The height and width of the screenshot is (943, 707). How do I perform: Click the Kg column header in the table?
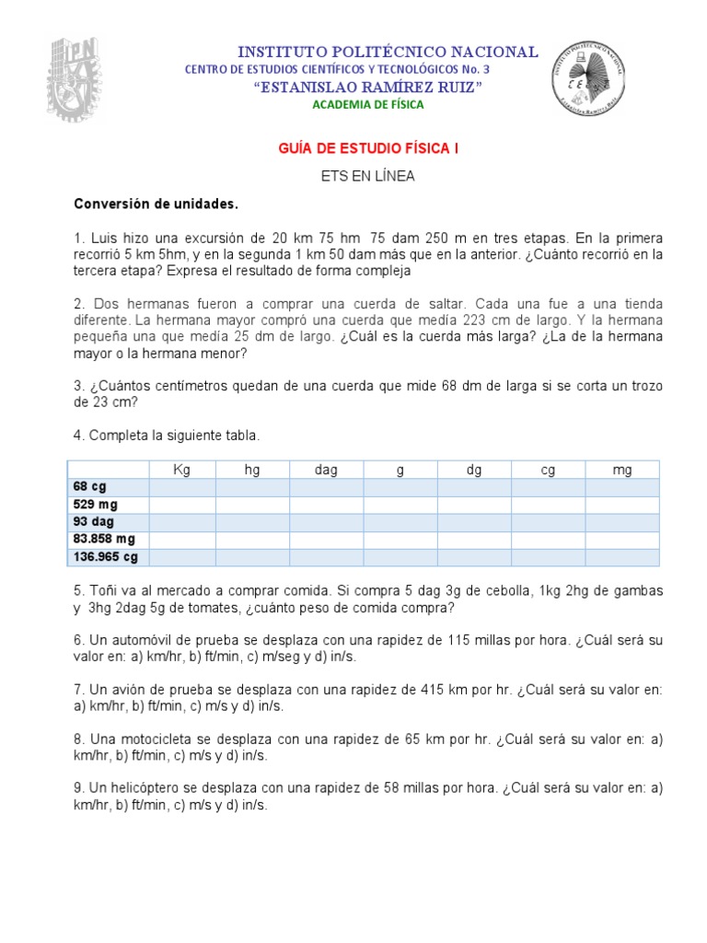coord(181,470)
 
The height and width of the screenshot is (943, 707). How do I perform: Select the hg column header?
coord(252,470)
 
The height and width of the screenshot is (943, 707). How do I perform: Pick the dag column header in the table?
coord(326,470)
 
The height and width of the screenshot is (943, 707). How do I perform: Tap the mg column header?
coord(622,470)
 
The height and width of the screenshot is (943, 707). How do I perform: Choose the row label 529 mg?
coord(96,505)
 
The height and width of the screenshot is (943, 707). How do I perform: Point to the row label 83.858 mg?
coord(104,540)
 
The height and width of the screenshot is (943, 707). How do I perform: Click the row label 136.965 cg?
coord(105,557)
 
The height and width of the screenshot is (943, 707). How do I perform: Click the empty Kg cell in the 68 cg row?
coord(181,487)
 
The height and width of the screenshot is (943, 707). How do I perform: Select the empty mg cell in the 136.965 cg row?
coord(622,557)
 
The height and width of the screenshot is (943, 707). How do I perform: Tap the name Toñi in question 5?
coord(102,590)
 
